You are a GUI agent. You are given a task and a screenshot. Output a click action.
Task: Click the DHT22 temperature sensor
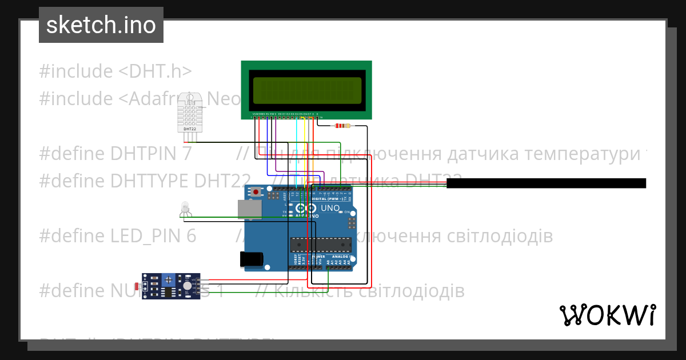point(190,112)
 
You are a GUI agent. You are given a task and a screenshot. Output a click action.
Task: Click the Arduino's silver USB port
point(250,209)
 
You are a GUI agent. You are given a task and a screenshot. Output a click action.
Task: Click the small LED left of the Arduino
point(185,207)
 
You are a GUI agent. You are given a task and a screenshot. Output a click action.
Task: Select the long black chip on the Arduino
point(320,244)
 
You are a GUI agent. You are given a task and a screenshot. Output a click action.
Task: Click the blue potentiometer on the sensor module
point(169,280)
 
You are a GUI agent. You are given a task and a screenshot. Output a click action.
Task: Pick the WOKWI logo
point(607,315)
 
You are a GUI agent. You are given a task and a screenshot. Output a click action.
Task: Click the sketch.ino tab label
point(101,25)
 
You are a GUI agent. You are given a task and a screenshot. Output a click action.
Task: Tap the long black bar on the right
point(546,183)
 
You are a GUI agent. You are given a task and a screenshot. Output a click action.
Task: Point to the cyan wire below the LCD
point(296,149)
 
